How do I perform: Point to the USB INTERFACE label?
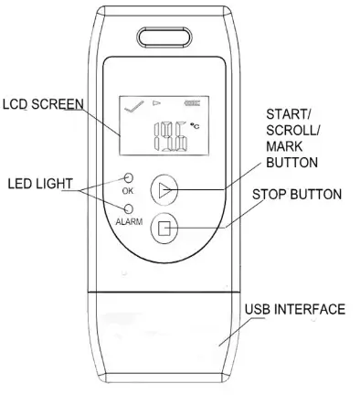coord(294,310)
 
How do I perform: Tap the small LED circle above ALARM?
coord(128,208)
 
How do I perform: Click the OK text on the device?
coord(128,192)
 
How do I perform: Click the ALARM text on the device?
coord(128,221)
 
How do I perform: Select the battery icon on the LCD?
coord(191,105)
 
